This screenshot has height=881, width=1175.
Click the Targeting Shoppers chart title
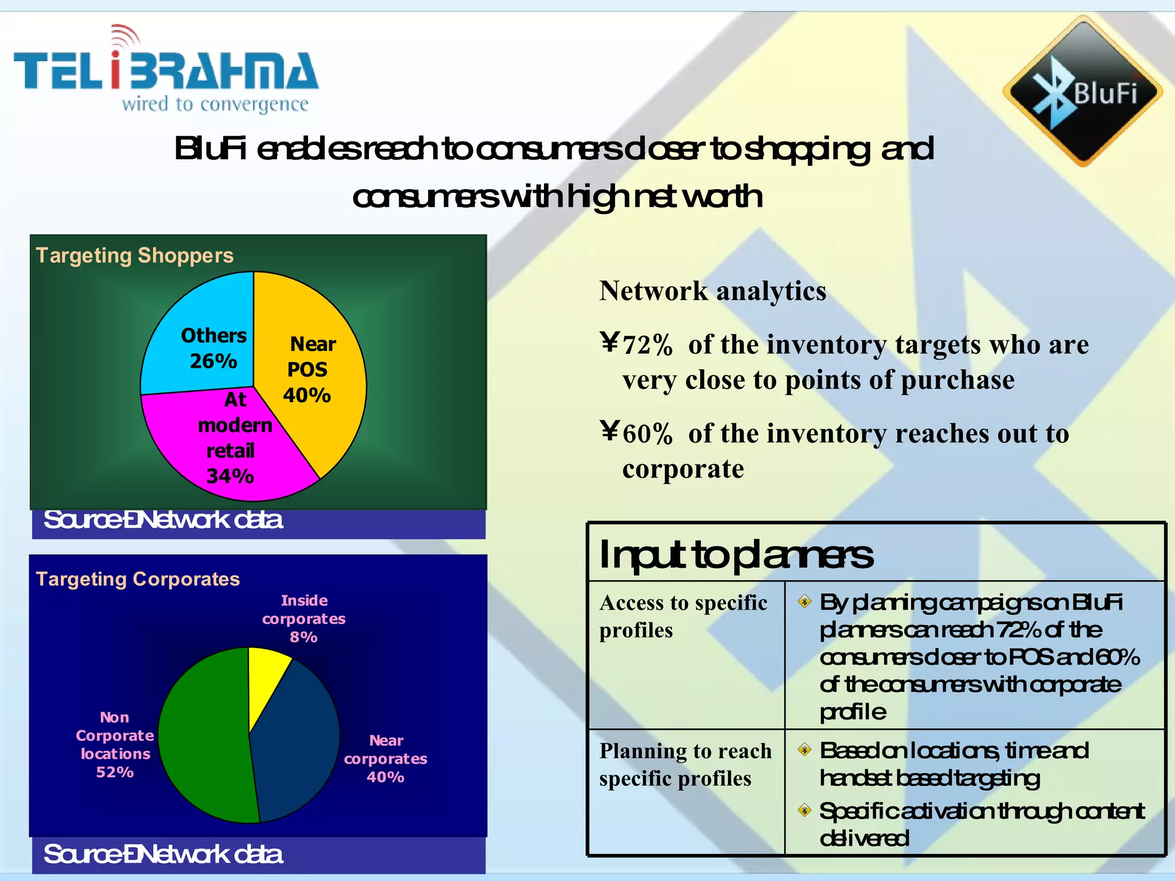click(x=135, y=255)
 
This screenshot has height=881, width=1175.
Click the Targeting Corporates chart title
click(x=138, y=579)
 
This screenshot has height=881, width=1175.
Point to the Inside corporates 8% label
click(x=304, y=618)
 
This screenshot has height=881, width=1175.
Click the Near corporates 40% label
click(x=386, y=758)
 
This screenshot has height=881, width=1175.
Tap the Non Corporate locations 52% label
click(x=115, y=744)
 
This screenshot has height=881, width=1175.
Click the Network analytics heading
click(x=713, y=291)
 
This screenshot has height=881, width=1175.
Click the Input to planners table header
click(x=736, y=555)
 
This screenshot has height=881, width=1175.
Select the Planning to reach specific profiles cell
click(x=685, y=765)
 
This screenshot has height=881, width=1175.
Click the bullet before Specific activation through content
click(x=805, y=810)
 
